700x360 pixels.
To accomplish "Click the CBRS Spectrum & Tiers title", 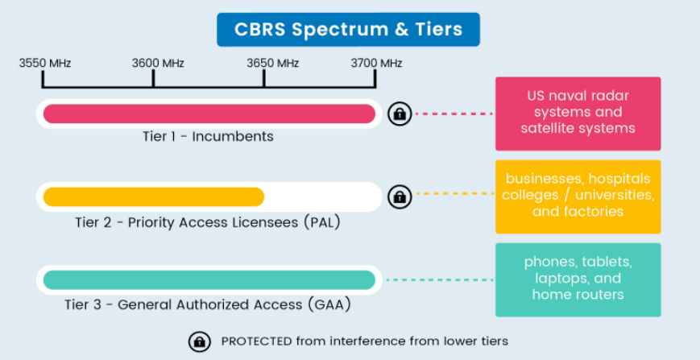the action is pyautogui.click(x=348, y=30).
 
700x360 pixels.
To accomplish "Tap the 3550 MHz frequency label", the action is pyautogui.click(x=44, y=64).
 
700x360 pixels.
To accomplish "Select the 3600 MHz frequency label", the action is pyautogui.click(x=158, y=64).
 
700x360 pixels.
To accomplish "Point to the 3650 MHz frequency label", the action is pyautogui.click(x=273, y=64).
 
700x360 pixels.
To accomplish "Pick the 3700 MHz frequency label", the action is pyautogui.click(x=376, y=64).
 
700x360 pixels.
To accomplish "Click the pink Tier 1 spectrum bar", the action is pyautogui.click(x=209, y=114).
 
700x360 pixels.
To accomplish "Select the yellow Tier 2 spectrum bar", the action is pyautogui.click(x=154, y=197).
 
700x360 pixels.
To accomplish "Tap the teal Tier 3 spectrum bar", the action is pyautogui.click(x=209, y=279).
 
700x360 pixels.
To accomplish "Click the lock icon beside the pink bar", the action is pyautogui.click(x=400, y=114).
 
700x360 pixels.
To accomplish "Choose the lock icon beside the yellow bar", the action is pyautogui.click(x=400, y=197).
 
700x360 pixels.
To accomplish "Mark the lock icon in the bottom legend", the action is pyautogui.click(x=200, y=341).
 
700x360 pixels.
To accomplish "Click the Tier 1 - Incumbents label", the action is pyautogui.click(x=208, y=136).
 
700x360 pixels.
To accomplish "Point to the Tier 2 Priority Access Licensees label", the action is pyautogui.click(x=208, y=222).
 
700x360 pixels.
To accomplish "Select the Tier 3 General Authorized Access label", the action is pyautogui.click(x=208, y=305).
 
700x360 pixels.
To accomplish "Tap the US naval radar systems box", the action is pyautogui.click(x=578, y=114).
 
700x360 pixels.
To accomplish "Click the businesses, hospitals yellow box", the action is pyautogui.click(x=578, y=197).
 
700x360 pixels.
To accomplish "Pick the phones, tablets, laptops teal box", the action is pyautogui.click(x=578, y=279).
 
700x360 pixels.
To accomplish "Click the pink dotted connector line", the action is pyautogui.click(x=454, y=114).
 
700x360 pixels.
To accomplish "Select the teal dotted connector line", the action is pyautogui.click(x=440, y=279).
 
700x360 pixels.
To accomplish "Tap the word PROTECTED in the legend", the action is pyautogui.click(x=257, y=341).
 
